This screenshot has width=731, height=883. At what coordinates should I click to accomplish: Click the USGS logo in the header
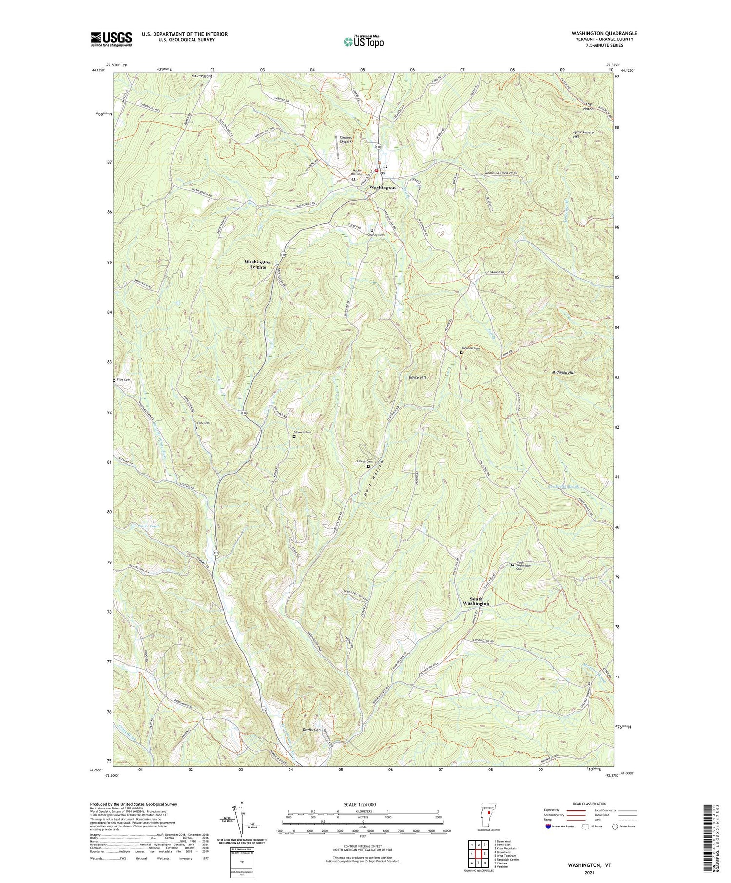coord(111,39)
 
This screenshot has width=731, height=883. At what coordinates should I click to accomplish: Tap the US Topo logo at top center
coord(363,41)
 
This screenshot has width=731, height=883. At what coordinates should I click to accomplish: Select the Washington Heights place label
coord(257,264)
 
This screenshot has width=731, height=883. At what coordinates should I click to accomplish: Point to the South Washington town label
coord(476,601)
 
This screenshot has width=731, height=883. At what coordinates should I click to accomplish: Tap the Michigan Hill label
coord(563,372)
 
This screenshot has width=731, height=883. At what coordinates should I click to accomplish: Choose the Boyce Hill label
coord(417,377)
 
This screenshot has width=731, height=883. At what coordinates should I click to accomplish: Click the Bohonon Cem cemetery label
coord(470,348)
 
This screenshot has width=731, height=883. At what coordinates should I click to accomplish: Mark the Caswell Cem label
coord(303,432)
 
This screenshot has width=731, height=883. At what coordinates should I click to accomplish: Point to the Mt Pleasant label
coord(201,76)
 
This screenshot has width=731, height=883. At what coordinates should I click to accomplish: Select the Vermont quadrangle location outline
coord(489,813)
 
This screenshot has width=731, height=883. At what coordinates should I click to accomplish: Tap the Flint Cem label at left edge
coord(123,380)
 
